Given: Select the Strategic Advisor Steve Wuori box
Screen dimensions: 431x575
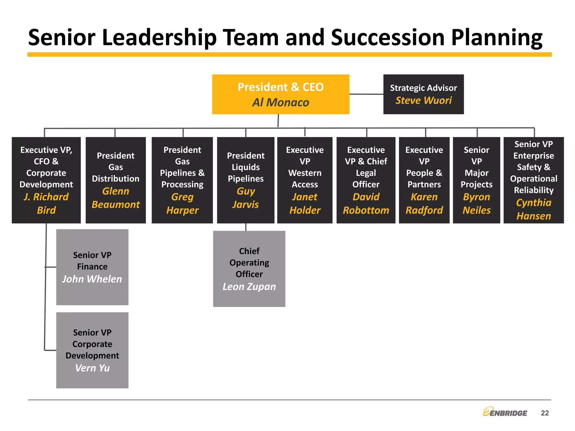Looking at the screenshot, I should pyautogui.click(x=423, y=94).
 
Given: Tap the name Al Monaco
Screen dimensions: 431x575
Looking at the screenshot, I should pyautogui.click(x=280, y=102).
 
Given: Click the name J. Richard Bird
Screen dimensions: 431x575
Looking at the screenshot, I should pyautogui.click(x=46, y=203).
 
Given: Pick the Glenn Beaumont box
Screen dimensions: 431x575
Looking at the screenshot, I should pyautogui.click(x=116, y=180).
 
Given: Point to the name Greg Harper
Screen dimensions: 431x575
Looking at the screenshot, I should pyautogui.click(x=182, y=203).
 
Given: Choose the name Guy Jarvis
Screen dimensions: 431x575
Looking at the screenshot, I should pyautogui.click(x=246, y=198).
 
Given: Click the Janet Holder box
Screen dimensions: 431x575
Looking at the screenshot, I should pyautogui.click(x=305, y=180).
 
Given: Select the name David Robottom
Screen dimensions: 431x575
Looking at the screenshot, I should pyautogui.click(x=366, y=203).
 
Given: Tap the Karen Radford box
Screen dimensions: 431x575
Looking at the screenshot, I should pyautogui.click(x=424, y=180).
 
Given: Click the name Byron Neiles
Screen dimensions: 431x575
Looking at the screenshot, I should pyautogui.click(x=476, y=203).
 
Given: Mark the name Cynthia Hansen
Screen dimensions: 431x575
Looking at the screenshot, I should pyautogui.click(x=534, y=209).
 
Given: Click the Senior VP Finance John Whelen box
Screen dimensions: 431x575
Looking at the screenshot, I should pyautogui.click(x=92, y=267).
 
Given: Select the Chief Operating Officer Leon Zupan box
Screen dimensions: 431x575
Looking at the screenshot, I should pyautogui.click(x=249, y=269).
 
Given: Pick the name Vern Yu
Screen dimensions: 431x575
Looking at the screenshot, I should pyautogui.click(x=92, y=368).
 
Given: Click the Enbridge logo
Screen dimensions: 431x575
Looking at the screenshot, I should pyautogui.click(x=505, y=412).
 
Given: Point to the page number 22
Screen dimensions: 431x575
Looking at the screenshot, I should pyautogui.click(x=545, y=413).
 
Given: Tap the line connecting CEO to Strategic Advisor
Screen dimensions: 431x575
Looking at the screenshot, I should pyautogui.click(x=366, y=94).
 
